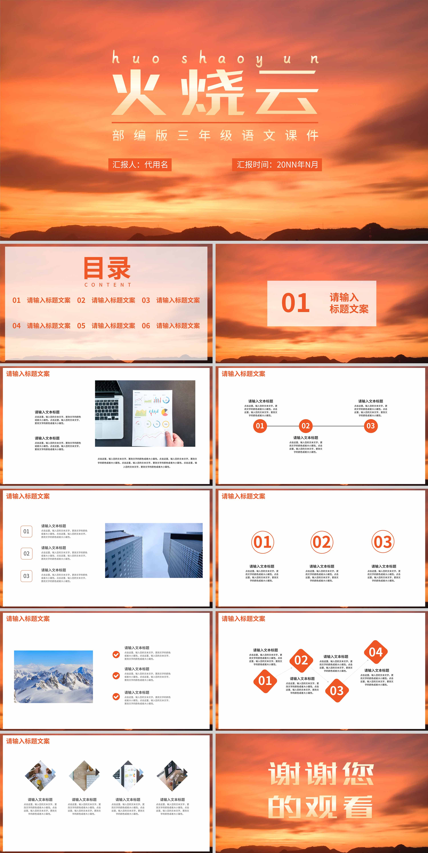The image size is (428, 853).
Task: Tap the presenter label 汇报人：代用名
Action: [x=140, y=165]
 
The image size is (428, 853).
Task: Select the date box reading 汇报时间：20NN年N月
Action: [x=277, y=165]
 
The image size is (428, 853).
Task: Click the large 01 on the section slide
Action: [x=295, y=303]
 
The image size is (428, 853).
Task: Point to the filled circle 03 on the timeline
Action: [x=371, y=426]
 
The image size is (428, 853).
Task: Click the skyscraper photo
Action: [x=154, y=550]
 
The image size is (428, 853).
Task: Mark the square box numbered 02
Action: [x=26, y=553]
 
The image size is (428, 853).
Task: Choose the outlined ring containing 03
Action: [x=383, y=542]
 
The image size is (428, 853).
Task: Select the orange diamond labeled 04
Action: [x=376, y=652]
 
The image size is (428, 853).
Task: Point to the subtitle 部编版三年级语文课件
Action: [x=215, y=135]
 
